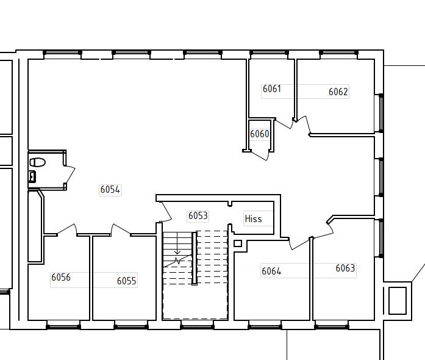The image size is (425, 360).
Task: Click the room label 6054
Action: tap(110, 189)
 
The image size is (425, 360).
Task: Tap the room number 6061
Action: tap(272, 88)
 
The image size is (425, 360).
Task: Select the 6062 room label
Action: tap(338, 92)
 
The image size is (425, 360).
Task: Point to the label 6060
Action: tap(260, 134)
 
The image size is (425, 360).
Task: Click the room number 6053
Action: tap(198, 215)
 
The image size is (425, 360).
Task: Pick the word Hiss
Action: tap(253, 218)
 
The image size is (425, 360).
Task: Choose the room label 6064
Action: tap(271, 271)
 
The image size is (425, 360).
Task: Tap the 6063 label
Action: tap(345, 268)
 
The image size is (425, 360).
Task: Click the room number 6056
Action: tap(61, 277)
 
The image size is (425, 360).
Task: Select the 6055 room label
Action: tap(127, 281)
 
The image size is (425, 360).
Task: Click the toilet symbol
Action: tap(37, 162)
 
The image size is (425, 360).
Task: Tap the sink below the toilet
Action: tap(32, 176)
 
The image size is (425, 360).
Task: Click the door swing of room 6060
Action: tap(260, 156)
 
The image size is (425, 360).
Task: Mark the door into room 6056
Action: tap(67, 229)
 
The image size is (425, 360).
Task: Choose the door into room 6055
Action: tap(121, 229)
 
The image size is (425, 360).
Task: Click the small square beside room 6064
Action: tap(238, 243)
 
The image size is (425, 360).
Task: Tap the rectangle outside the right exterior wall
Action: tap(398, 301)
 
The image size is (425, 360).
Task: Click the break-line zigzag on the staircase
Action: tap(177, 261)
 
